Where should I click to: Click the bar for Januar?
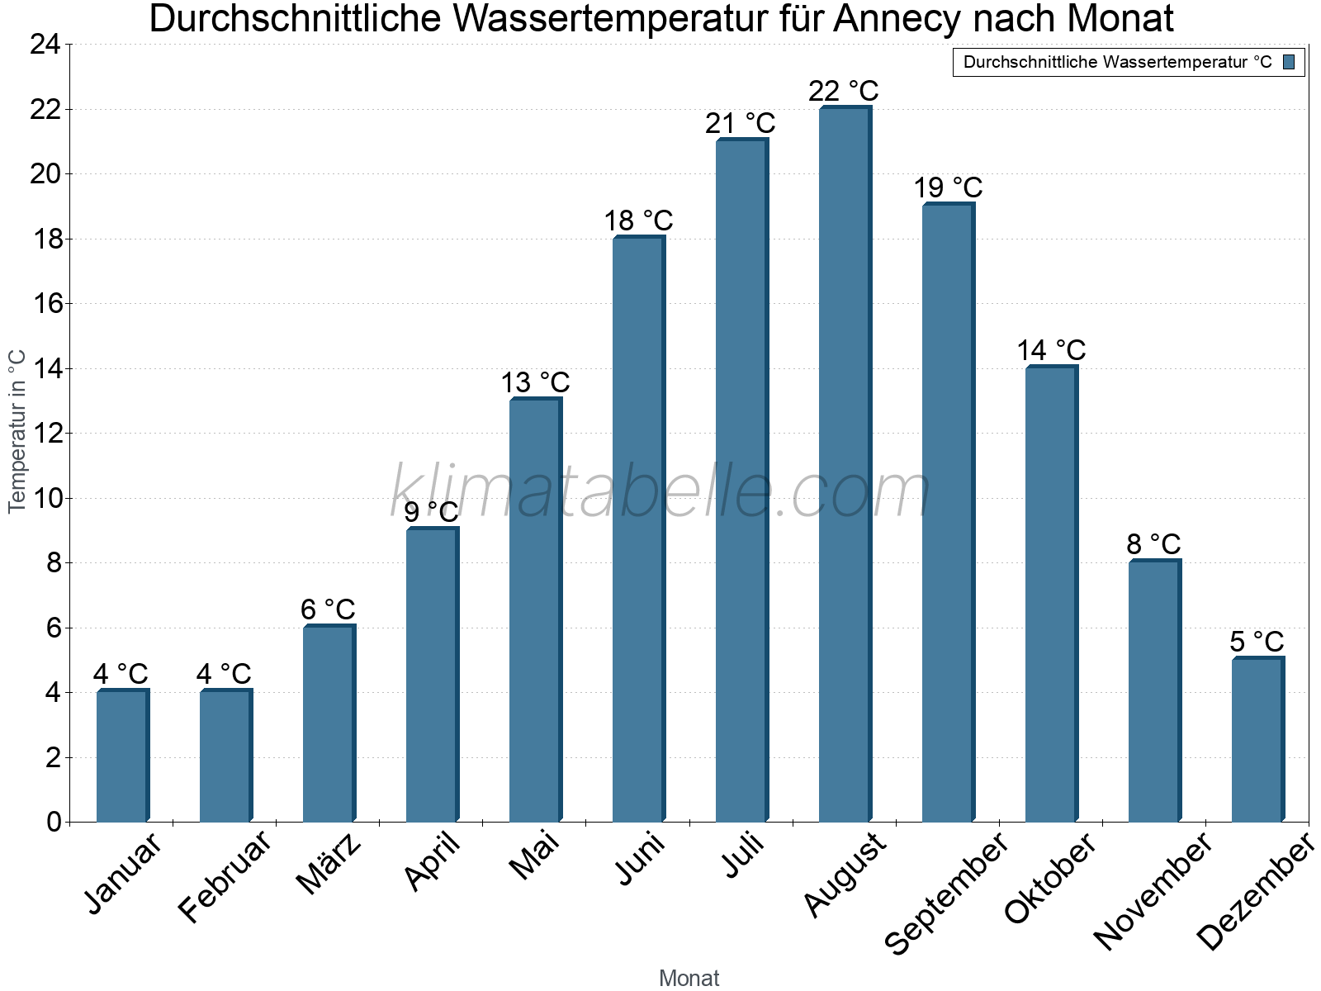tap(122, 756)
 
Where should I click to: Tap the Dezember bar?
tap(1257, 739)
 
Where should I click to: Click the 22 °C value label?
tap(844, 91)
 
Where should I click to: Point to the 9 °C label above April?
tap(431, 512)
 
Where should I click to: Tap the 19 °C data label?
tap(948, 188)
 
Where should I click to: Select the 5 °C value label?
tap(1257, 642)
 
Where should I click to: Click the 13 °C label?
tap(535, 383)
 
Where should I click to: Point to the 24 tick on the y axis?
tap(45, 45)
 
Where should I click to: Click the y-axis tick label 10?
tap(45, 498)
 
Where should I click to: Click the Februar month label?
tap(225, 877)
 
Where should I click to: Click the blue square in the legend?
tap(1289, 62)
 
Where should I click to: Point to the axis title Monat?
tap(689, 978)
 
